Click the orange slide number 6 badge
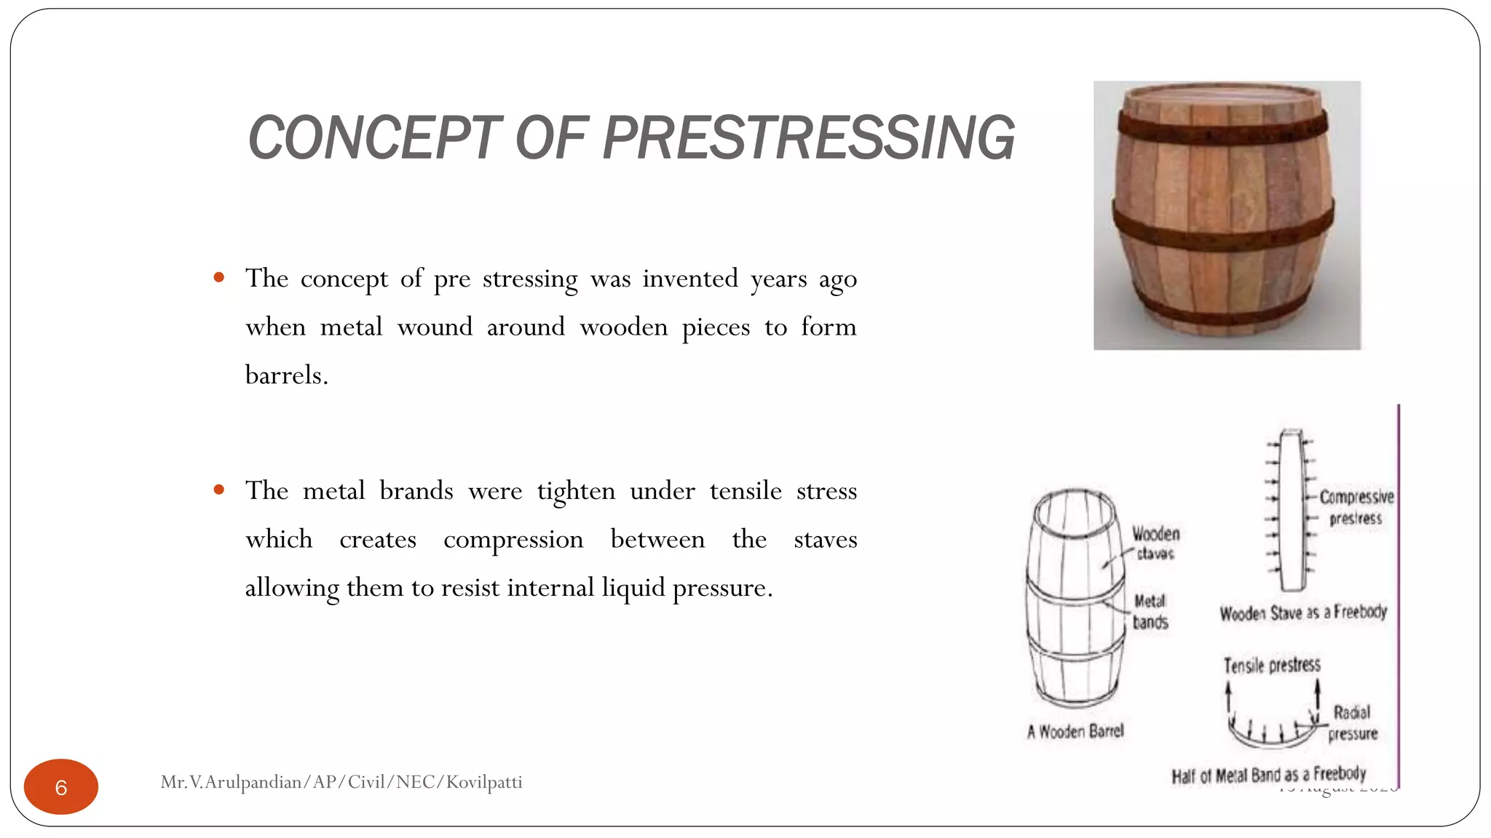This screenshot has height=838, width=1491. pos(61,786)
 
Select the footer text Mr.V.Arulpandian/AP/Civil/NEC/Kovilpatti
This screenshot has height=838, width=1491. pos(341,782)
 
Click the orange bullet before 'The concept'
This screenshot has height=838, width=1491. pos(219,277)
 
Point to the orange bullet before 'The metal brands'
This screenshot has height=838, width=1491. pos(219,490)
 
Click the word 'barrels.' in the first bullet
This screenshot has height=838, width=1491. pos(287,375)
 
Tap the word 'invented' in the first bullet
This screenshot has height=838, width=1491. pos(690,279)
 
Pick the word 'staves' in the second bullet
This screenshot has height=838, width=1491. pos(826,540)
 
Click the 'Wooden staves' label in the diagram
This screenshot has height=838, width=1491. pos(1155,543)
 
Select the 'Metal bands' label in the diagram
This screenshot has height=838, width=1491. pos(1150,611)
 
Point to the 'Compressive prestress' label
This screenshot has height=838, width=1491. pos(1356,507)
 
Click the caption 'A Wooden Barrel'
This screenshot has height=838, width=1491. pos(1075,731)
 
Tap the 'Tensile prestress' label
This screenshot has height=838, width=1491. pos(1272,665)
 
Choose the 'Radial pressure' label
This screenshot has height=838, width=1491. pos(1353,722)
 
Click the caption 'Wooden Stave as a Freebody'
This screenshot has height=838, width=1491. pos(1303,612)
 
